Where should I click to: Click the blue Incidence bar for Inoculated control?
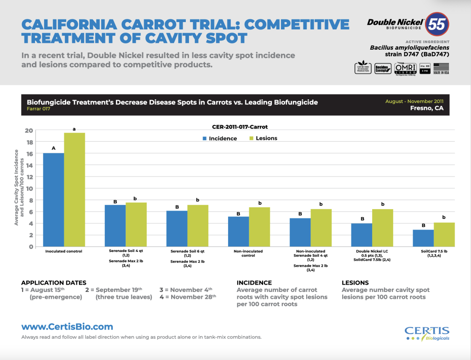tap(53, 200)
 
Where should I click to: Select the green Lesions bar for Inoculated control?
tap(75, 189)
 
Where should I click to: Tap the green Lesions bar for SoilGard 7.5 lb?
tap(444, 234)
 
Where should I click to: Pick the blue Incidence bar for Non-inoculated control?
tap(238, 231)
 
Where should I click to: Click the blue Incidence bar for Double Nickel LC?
tap(362, 235)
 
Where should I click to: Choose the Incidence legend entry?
tap(219, 138)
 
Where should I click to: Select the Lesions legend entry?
tap(263, 138)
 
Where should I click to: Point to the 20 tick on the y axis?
tap(29, 131)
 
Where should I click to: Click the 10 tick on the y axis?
tap(29, 189)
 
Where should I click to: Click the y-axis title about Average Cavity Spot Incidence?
tap(17, 187)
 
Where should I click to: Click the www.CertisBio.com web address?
tap(67, 327)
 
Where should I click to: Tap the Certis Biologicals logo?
tap(427, 333)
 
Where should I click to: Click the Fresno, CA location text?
tap(427, 108)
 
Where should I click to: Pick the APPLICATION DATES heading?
tap(54, 283)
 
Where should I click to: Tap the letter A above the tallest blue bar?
tap(53, 148)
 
